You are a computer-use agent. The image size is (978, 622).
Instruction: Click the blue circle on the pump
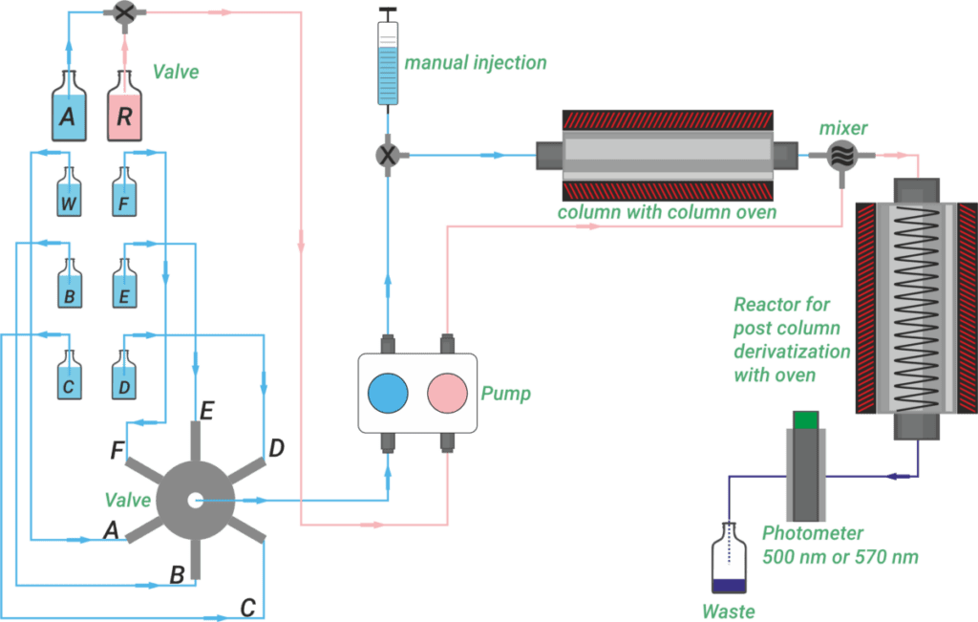coord(388,394)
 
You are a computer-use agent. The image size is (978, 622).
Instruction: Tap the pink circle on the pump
coord(445,394)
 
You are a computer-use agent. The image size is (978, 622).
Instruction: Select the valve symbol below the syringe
coord(387,154)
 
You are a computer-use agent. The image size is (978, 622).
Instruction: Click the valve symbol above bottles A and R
coord(123,12)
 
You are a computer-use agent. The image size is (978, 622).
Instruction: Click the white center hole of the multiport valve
coord(196,500)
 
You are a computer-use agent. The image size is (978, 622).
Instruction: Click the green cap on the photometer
coord(806,418)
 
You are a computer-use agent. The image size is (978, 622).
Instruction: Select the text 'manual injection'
coord(476,64)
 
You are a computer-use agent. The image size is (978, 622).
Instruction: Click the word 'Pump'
coord(505,394)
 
